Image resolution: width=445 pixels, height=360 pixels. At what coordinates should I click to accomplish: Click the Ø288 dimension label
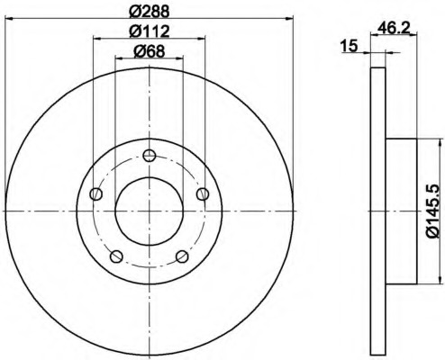[150, 12]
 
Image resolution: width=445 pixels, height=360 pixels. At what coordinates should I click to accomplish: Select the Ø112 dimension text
[150, 31]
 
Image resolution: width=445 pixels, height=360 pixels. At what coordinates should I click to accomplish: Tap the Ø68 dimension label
[150, 51]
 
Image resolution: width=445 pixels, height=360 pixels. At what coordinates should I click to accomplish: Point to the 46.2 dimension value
[394, 28]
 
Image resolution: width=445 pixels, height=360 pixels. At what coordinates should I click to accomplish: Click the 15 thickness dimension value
[350, 46]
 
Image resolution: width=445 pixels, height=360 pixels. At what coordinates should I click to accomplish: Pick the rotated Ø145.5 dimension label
[432, 211]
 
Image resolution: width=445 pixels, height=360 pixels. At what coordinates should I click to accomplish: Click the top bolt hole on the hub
[149, 156]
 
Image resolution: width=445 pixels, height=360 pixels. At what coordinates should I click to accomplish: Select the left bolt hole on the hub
[95, 193]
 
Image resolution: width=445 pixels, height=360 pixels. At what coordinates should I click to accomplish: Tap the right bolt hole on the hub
[203, 193]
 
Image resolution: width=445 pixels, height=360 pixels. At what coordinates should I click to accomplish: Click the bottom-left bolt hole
[116, 256]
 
